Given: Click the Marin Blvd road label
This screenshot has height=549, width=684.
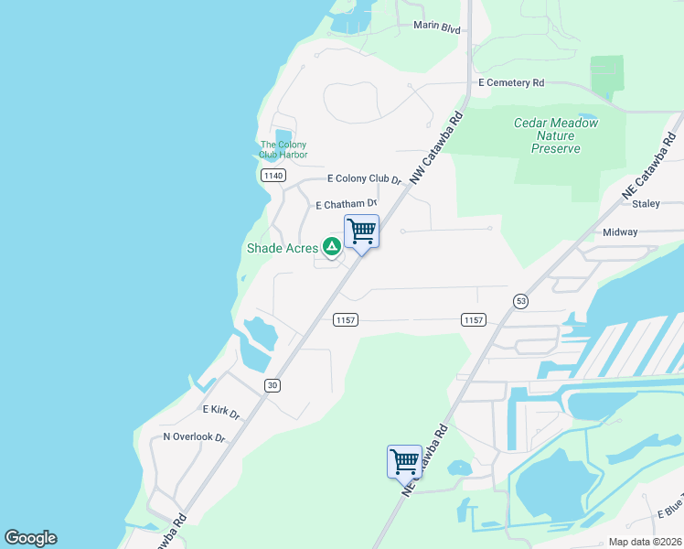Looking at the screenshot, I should (x=436, y=27).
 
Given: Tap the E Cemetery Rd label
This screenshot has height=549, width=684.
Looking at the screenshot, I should (x=511, y=82).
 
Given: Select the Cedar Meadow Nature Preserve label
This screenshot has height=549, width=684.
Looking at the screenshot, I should (x=556, y=135).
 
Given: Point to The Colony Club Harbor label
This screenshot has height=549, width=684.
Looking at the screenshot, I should (x=283, y=150).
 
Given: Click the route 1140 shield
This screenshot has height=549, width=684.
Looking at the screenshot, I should (x=272, y=176).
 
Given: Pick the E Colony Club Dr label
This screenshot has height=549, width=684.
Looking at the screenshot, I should (x=365, y=179).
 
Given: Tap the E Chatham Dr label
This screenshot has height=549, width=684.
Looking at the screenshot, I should (x=347, y=205).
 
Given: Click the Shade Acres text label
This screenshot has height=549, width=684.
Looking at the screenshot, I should (x=282, y=248).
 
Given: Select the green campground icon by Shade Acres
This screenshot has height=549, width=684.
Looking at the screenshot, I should (x=331, y=247).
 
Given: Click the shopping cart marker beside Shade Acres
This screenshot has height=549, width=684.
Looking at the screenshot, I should (x=361, y=231).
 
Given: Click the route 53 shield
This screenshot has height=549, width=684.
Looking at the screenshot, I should (x=521, y=300).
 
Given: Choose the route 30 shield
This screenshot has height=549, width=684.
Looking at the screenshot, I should (x=272, y=385).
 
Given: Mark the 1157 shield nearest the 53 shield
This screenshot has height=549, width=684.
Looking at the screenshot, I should (x=473, y=319).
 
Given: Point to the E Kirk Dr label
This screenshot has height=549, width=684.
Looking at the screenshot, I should (x=220, y=412).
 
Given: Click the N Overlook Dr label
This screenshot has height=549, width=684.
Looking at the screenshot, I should (x=194, y=437).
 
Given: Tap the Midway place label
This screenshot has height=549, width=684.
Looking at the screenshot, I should (x=620, y=232).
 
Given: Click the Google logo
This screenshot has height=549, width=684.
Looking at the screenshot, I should (x=30, y=538).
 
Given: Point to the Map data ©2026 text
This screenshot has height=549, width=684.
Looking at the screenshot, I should (x=644, y=542).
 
